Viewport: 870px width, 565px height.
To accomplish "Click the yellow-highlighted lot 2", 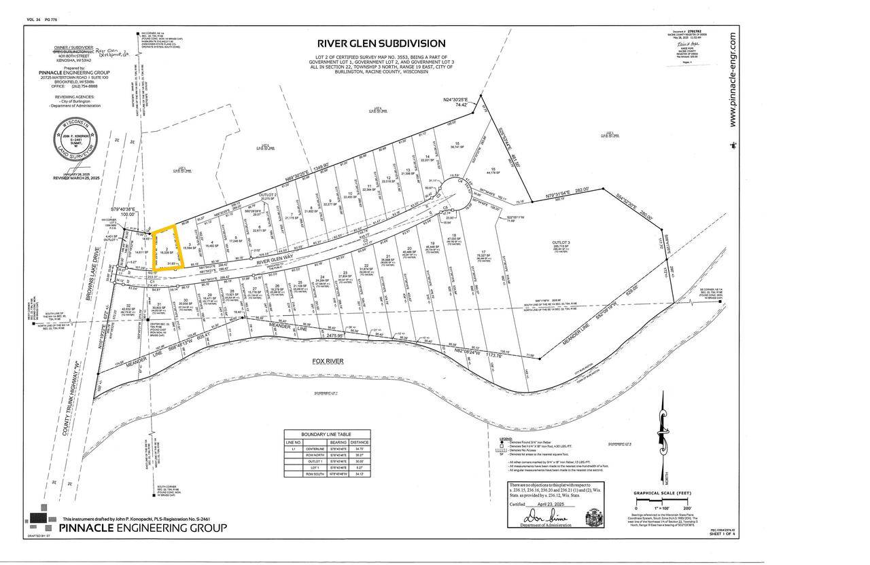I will point(167,249).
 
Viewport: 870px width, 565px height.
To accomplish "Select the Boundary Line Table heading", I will point(327,434).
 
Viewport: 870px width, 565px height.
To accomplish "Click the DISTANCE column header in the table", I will point(360,441).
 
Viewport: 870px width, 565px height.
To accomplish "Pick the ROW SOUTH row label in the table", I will point(314,474).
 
